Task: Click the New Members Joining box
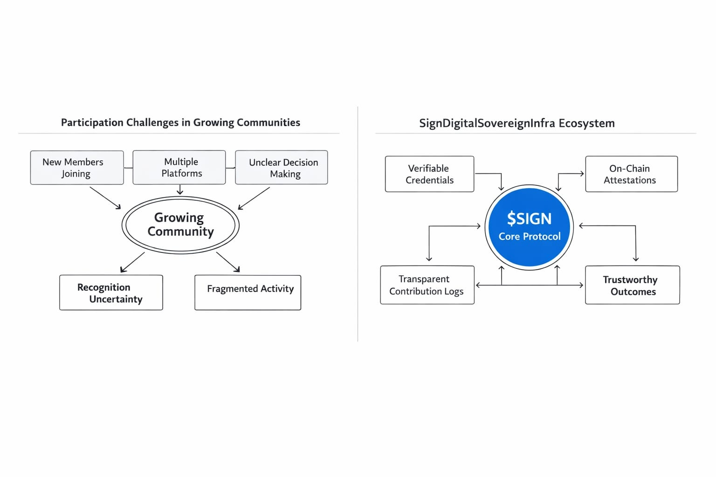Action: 77,167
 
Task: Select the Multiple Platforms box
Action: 179,167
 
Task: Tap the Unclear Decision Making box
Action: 282,167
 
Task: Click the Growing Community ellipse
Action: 180,225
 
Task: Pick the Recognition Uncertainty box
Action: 111,293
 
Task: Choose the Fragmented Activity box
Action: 248,293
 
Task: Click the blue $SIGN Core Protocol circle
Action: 530,227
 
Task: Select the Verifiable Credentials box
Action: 430,174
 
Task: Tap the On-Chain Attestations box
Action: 632,174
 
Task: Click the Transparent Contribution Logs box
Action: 427,285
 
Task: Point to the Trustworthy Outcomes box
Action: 633,285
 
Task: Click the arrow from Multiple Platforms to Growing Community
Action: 180,190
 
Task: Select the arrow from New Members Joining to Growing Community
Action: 105,198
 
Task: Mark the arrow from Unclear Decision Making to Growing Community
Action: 254,198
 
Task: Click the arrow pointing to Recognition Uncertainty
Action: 132,262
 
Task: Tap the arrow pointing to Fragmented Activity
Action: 228,262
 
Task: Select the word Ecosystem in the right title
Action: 586,123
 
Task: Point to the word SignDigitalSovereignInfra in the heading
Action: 487,123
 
